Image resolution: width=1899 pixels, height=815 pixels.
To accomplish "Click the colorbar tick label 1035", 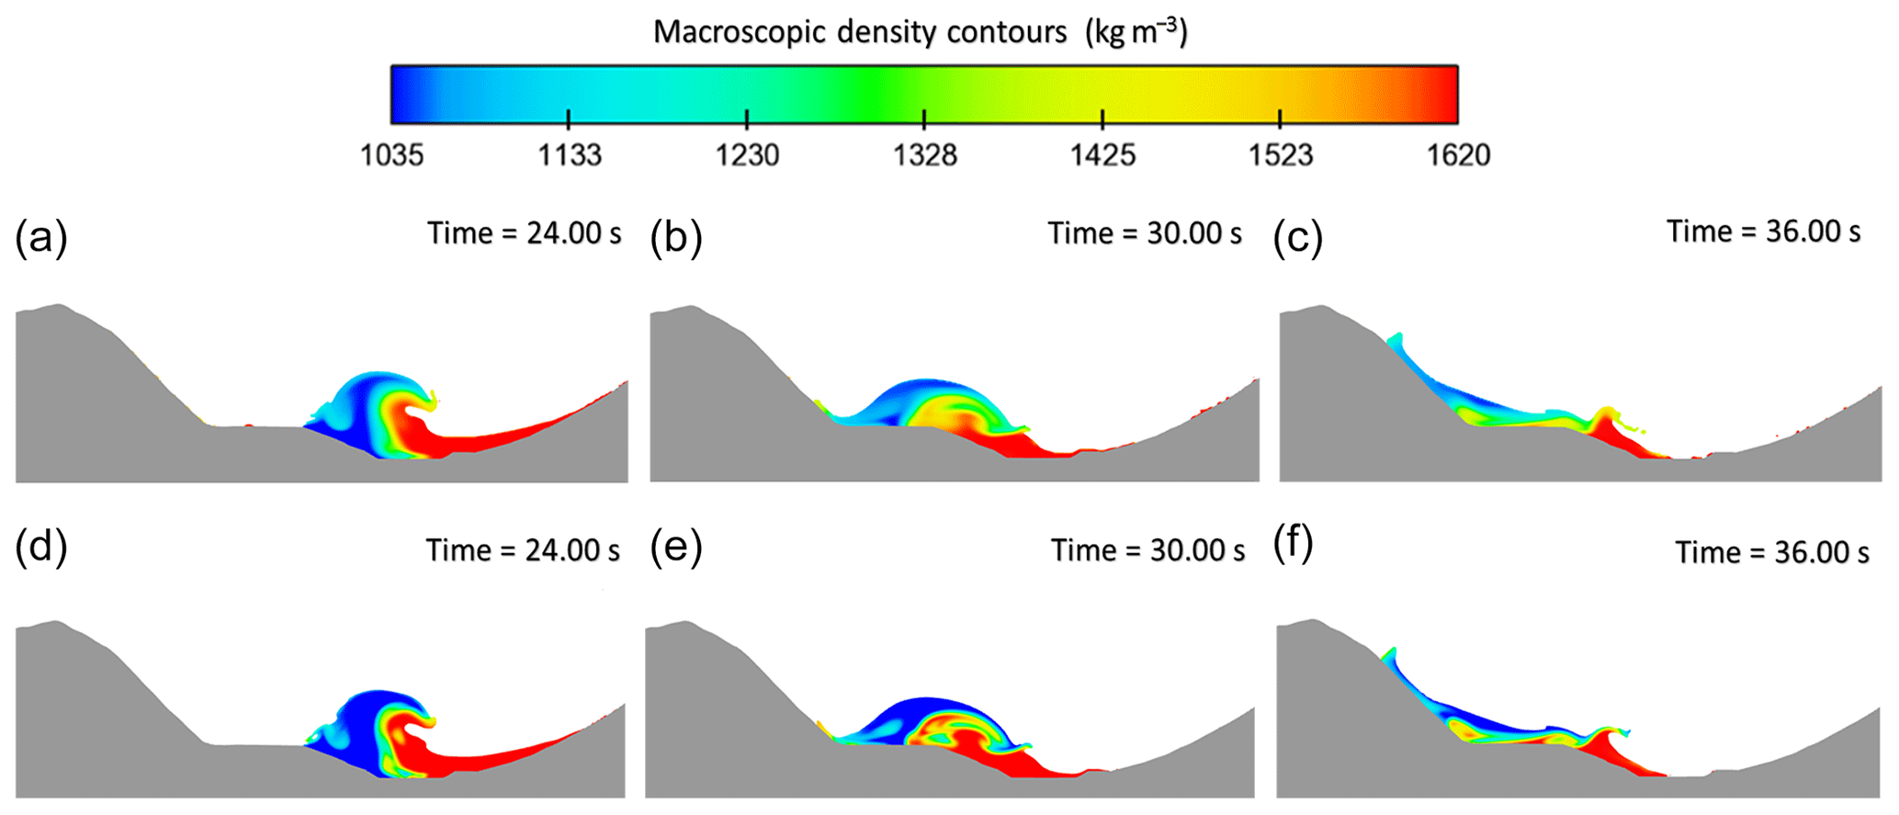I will tap(392, 155).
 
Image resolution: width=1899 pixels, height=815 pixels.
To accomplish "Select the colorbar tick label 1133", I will tap(570, 155).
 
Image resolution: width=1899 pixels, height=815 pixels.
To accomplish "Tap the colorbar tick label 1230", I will tap(747, 155).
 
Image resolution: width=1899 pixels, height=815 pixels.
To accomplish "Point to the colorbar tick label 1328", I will tap(925, 155).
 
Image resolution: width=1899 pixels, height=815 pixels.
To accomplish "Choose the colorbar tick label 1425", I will tap(1102, 155).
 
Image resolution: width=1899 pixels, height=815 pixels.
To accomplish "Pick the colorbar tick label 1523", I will tap(1281, 155).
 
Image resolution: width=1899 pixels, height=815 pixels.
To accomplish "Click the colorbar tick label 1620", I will tap(1458, 155).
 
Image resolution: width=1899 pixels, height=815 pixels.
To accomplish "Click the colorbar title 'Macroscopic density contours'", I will tap(860, 33).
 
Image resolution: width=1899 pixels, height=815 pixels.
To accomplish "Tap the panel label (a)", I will tap(41, 238).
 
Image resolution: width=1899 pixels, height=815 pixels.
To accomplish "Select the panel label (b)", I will tap(676, 238).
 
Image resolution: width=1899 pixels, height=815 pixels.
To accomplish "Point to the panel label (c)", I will tap(1298, 238).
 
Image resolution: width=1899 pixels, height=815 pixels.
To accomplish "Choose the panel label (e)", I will tap(676, 549).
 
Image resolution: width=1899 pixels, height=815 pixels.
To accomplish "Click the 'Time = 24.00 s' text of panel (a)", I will tap(525, 233).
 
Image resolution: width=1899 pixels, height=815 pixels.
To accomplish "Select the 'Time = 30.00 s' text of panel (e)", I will tap(1148, 550).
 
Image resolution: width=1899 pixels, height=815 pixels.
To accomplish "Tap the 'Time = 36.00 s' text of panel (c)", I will tap(1764, 232).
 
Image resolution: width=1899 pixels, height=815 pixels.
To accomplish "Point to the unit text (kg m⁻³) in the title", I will tap(1136, 33).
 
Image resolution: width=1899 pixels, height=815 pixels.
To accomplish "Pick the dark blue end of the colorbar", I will tap(404, 94).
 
